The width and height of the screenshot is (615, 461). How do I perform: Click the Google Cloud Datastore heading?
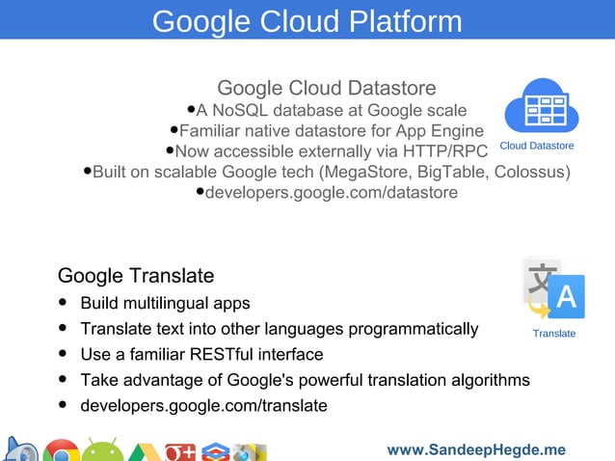[x=327, y=89]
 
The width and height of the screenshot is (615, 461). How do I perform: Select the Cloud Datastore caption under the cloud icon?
[x=536, y=146]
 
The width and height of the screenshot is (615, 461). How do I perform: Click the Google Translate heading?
[x=136, y=276]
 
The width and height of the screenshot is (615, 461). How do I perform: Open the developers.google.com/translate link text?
[x=203, y=405]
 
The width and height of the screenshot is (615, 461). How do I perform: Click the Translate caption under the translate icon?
[x=554, y=334]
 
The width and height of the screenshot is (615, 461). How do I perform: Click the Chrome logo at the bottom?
[x=61, y=451]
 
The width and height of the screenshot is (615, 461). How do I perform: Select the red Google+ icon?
[x=180, y=451]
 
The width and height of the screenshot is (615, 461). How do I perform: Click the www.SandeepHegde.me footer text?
[x=476, y=450]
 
